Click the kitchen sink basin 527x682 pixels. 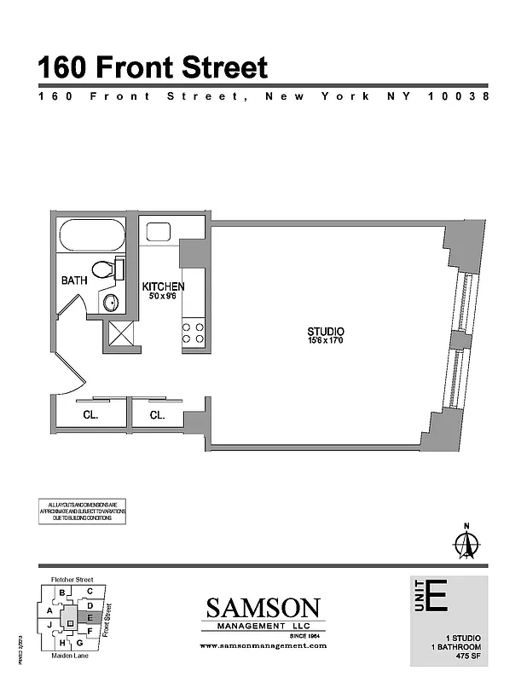[159, 231]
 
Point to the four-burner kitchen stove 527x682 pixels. [194, 332]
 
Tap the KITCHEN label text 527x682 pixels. [162, 286]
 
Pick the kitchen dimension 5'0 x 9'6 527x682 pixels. [162, 298]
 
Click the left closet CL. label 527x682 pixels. [90, 416]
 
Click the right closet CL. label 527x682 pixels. [157, 416]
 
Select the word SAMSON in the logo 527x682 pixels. [263, 609]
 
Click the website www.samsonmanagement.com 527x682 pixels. [263, 647]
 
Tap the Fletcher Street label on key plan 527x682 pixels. [72, 580]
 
